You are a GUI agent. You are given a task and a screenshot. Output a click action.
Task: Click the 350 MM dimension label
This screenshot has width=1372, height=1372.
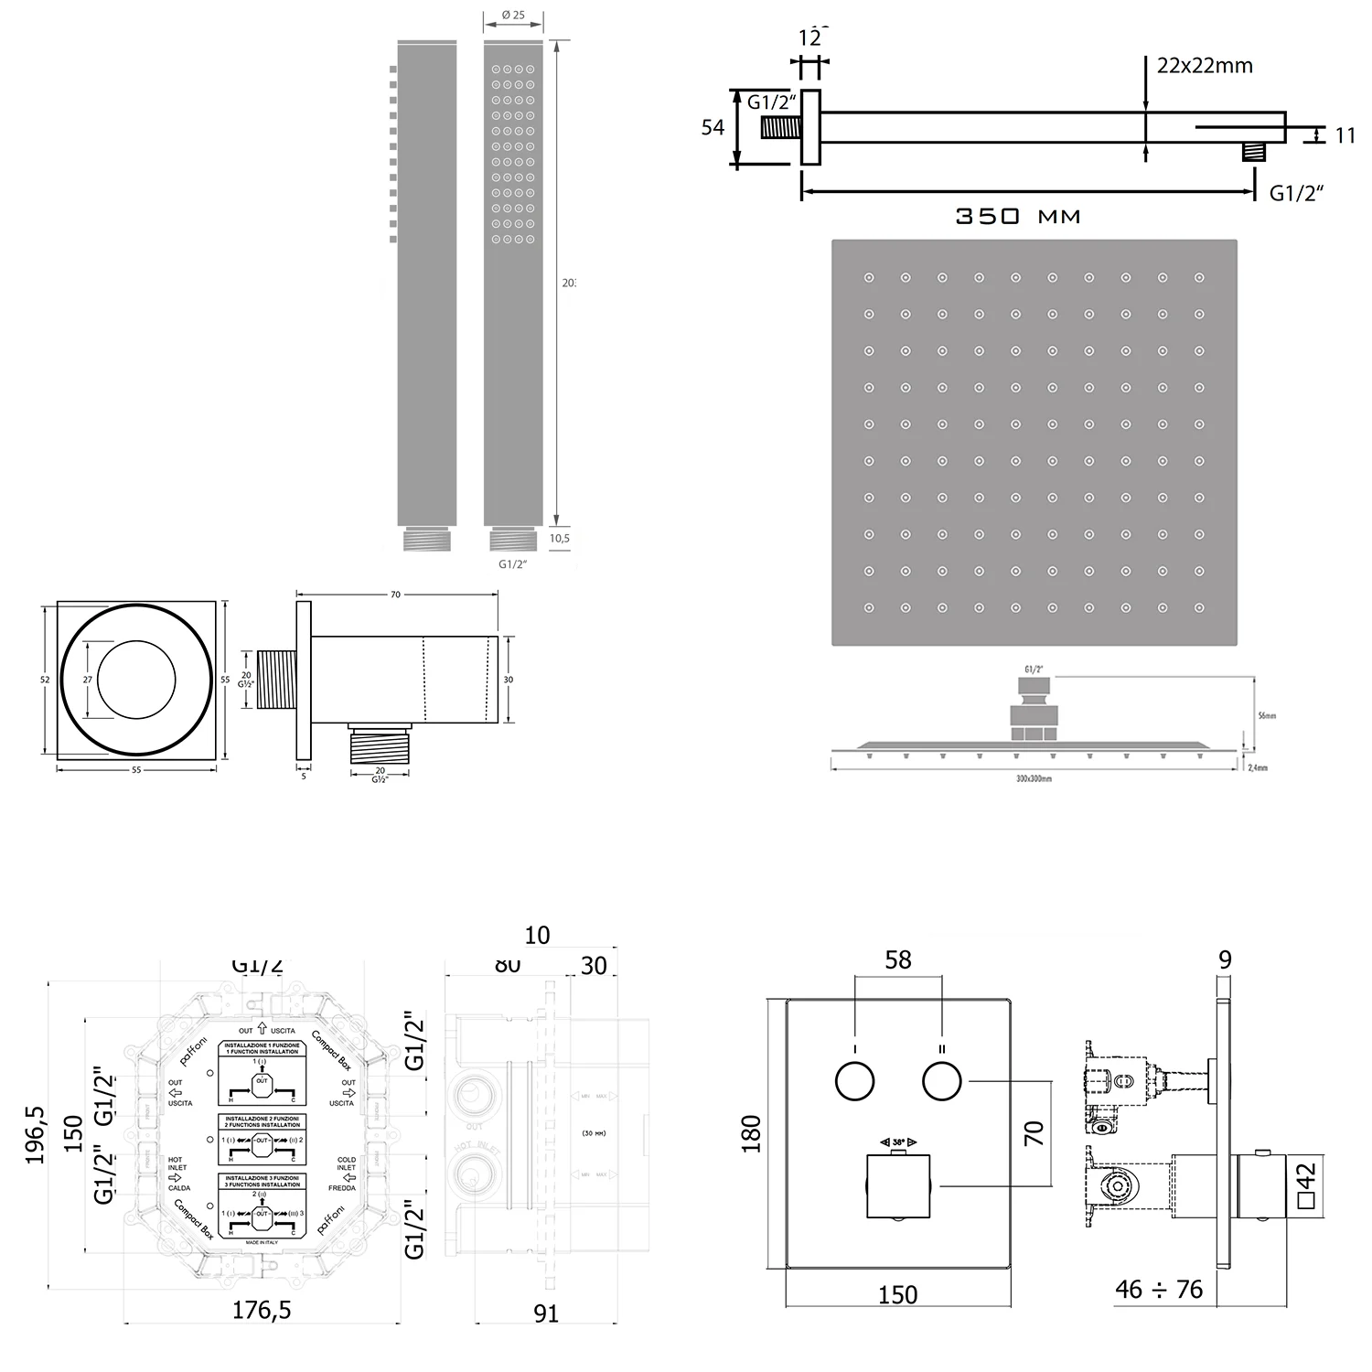[1018, 217]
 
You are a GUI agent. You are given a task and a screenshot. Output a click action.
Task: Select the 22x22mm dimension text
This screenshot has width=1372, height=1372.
[1204, 66]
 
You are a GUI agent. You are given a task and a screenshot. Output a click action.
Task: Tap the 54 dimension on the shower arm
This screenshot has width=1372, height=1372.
[713, 128]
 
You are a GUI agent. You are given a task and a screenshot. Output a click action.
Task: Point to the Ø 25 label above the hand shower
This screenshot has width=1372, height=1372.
[513, 16]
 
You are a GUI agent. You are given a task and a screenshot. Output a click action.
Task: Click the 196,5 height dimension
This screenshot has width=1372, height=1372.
[36, 1134]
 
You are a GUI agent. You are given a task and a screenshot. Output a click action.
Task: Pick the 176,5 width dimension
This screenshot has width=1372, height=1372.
[262, 1310]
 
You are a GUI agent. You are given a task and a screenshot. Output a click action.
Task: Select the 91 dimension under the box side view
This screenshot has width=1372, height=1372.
[546, 1313]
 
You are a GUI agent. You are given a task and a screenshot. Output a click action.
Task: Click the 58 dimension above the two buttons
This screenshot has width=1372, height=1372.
[898, 959]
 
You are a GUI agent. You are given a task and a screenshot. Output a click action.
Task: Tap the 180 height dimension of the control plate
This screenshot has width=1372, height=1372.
[751, 1134]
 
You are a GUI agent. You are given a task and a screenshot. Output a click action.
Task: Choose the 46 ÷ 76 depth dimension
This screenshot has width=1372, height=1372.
[1159, 1290]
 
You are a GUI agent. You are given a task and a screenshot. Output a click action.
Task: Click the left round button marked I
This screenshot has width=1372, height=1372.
[855, 1082]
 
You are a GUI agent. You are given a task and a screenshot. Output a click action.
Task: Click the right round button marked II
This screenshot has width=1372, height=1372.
[942, 1082]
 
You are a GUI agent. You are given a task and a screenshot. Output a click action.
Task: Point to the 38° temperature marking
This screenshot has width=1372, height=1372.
[898, 1142]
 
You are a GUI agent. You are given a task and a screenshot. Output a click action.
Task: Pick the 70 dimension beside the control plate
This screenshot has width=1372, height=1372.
[1034, 1134]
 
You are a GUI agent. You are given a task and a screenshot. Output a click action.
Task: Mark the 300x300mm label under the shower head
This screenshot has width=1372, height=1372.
[1034, 778]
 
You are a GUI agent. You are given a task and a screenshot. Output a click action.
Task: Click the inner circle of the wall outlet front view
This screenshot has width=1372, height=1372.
[136, 679]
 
